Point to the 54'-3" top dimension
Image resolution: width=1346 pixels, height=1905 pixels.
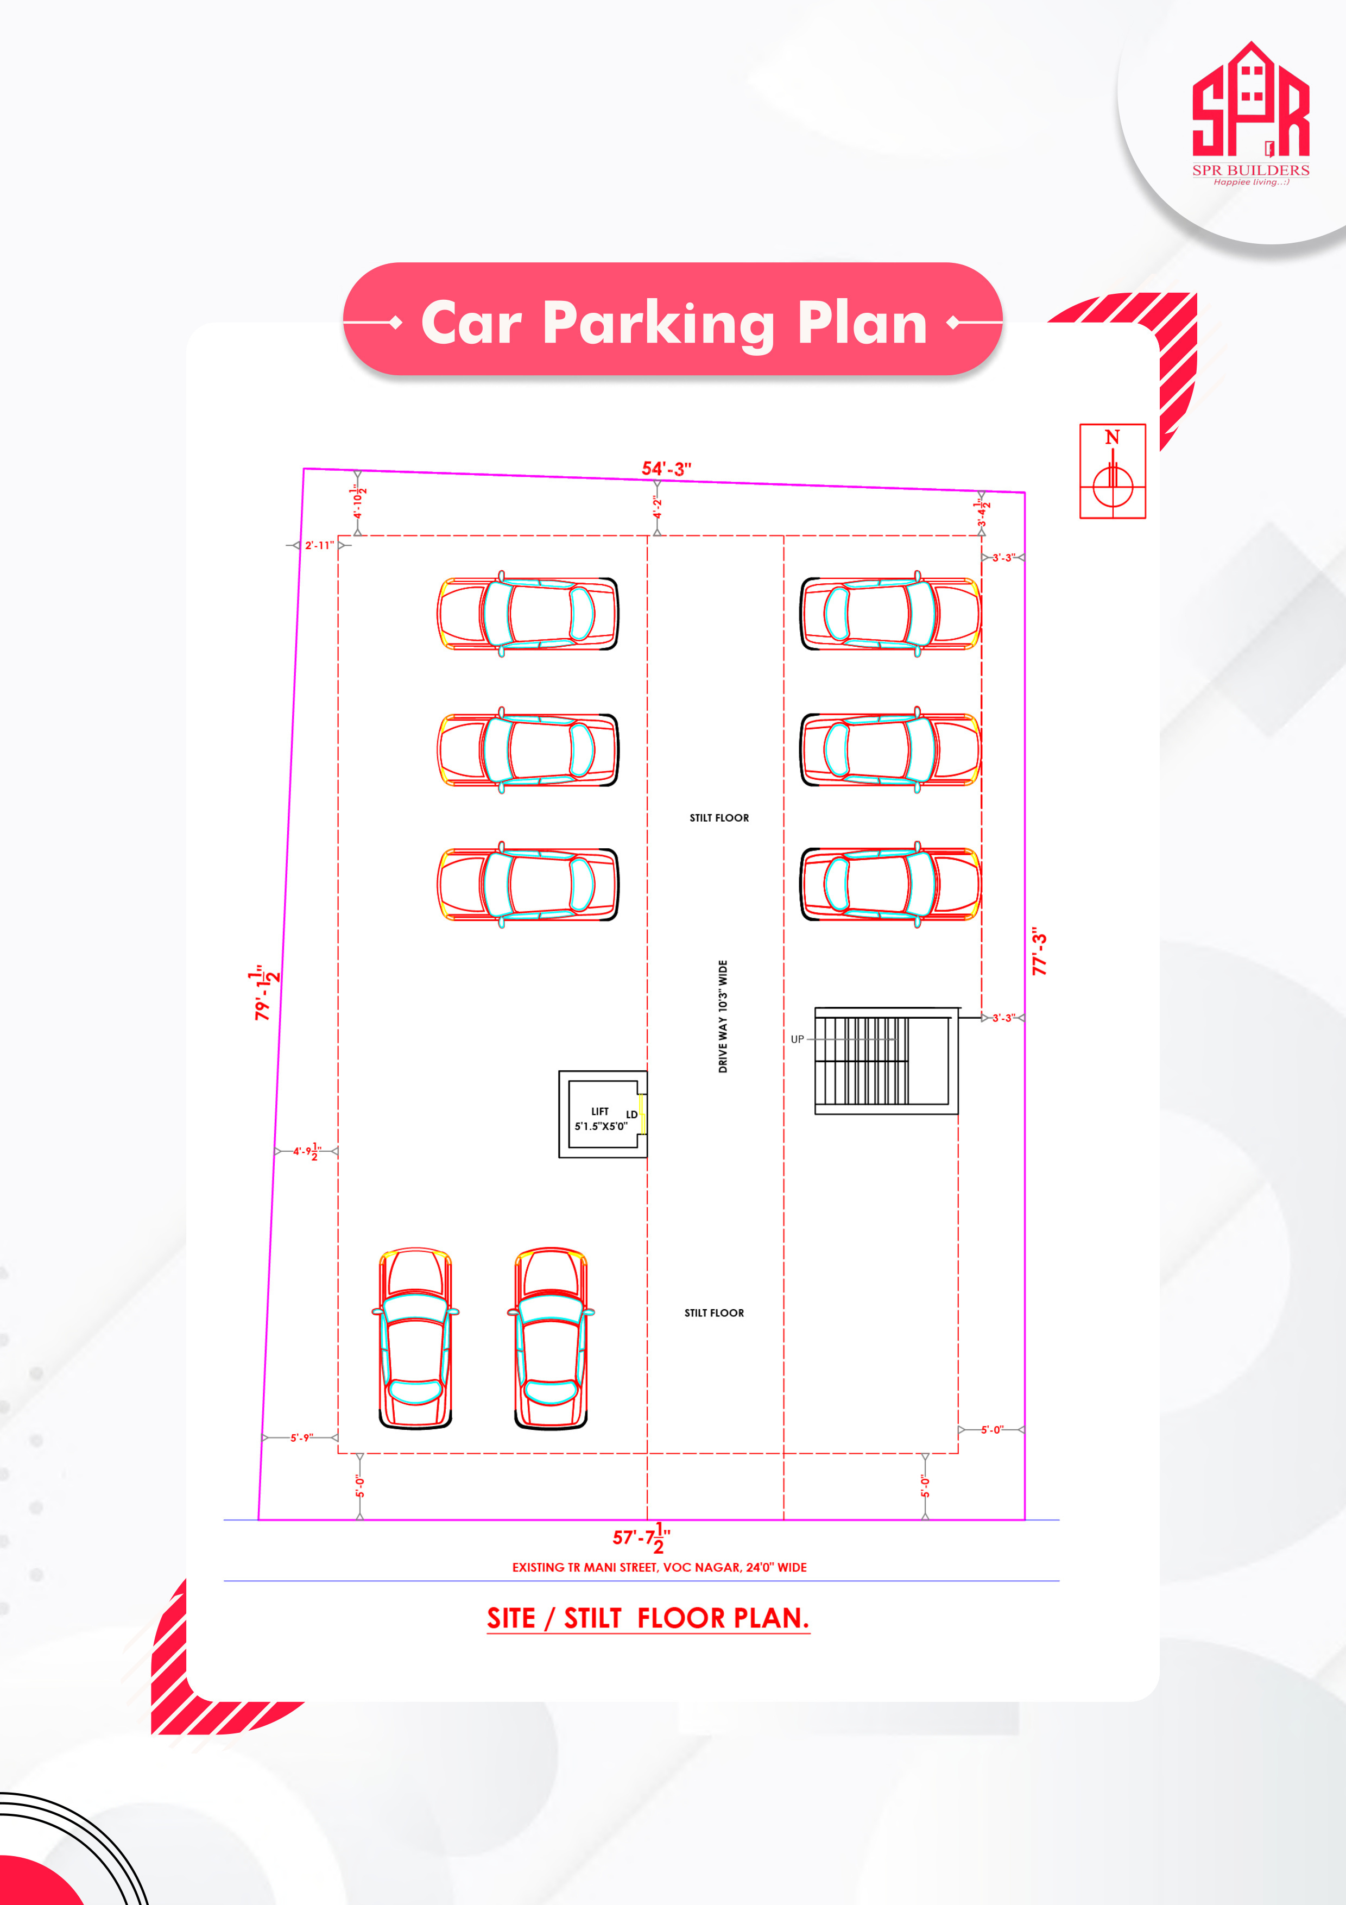point(666,469)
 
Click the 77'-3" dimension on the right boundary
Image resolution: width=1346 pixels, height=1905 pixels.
point(1039,951)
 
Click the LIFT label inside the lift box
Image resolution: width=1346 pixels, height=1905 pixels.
point(599,1111)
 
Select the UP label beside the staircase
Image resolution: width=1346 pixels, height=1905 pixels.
point(797,1039)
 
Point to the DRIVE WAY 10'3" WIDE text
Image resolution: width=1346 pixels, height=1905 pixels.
point(722,1017)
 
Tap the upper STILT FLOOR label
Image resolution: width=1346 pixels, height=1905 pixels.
point(719,818)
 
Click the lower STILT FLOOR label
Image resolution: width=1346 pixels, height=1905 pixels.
point(714,1313)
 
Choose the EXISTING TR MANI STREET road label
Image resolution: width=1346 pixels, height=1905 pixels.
point(659,1567)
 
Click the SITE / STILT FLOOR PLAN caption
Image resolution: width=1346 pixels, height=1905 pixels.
point(648,1618)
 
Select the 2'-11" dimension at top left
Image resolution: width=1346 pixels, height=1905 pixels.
point(319,545)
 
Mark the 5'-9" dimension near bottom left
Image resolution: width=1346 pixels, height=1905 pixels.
point(301,1437)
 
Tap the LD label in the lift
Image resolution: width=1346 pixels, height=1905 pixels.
point(631,1114)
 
